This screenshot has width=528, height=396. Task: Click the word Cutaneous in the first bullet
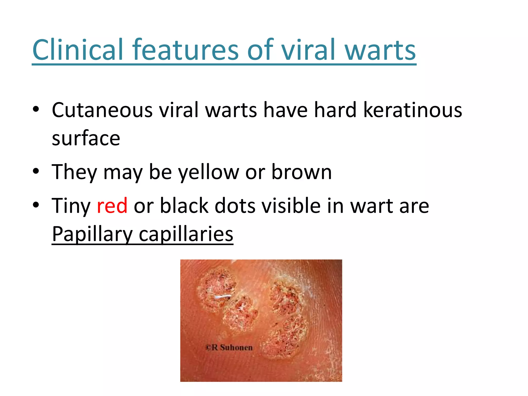(x=102, y=110)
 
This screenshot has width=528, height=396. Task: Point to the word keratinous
(x=412, y=110)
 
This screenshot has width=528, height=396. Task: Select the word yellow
(x=209, y=172)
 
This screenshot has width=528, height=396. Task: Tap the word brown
(x=301, y=172)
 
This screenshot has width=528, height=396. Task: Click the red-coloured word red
(x=112, y=206)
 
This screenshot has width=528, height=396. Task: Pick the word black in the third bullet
(x=184, y=206)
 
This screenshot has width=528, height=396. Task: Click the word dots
(x=235, y=206)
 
